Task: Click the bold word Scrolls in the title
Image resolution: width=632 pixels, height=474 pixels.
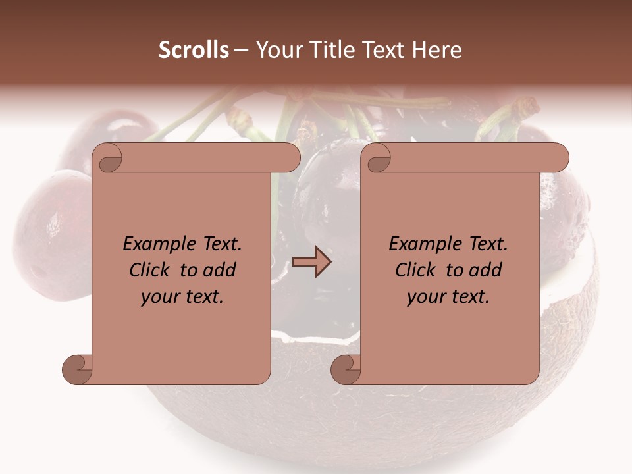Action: pyautogui.click(x=194, y=50)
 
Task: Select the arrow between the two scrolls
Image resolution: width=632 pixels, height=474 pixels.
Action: pyautogui.click(x=313, y=261)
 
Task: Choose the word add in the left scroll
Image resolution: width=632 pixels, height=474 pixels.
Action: pyautogui.click(x=220, y=270)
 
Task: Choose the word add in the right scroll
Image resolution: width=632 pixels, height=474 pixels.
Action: pyautogui.click(x=486, y=270)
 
